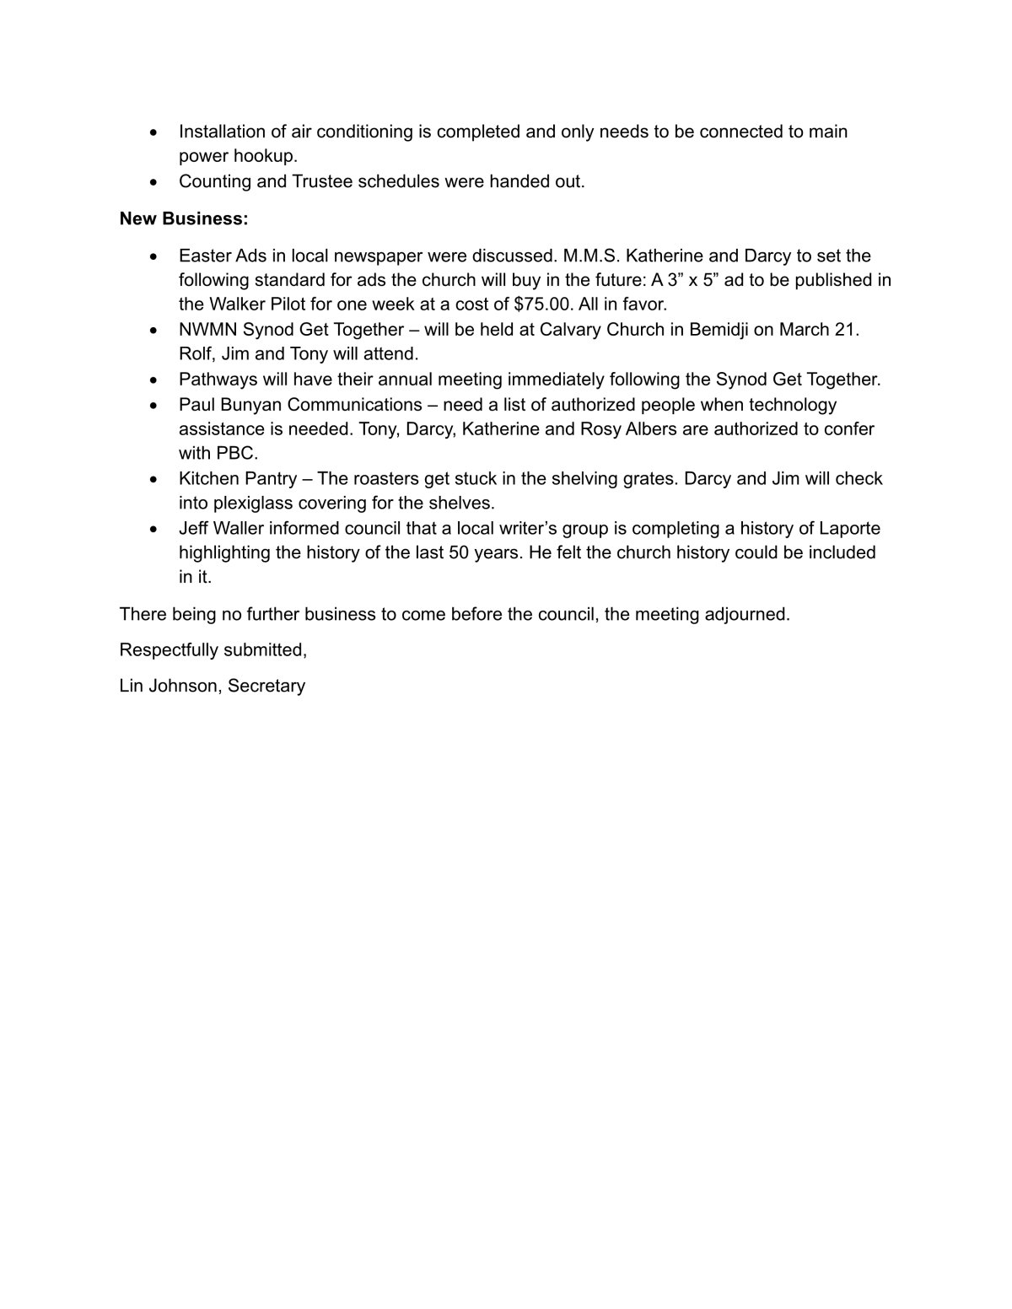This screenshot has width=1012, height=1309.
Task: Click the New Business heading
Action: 184,218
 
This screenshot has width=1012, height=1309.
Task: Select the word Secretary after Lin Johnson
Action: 266,686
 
